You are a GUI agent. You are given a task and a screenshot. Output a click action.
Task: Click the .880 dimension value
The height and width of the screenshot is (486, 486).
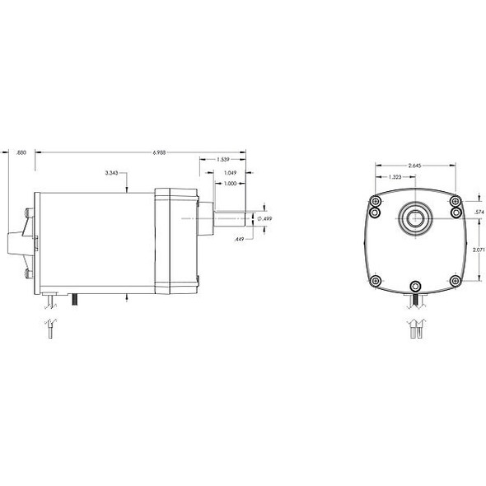21,152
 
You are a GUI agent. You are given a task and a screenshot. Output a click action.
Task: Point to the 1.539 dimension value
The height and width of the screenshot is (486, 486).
222,159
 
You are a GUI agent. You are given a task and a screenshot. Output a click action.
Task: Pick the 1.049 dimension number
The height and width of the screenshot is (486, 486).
231,172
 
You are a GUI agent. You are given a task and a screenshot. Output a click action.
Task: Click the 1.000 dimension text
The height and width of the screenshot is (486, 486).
231,183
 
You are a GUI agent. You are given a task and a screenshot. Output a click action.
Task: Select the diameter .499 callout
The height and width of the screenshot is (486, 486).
265,218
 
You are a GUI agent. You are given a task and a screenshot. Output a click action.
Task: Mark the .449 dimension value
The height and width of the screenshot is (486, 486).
239,238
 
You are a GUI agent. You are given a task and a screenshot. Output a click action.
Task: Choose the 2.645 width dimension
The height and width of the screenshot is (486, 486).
414,166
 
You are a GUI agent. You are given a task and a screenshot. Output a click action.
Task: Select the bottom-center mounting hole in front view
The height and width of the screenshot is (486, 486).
414,286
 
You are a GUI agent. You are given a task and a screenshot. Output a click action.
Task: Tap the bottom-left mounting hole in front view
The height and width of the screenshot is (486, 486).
376,281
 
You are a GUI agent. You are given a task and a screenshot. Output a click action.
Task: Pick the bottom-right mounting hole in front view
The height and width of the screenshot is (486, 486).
454,281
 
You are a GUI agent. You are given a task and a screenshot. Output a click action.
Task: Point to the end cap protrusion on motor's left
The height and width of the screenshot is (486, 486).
17,242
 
